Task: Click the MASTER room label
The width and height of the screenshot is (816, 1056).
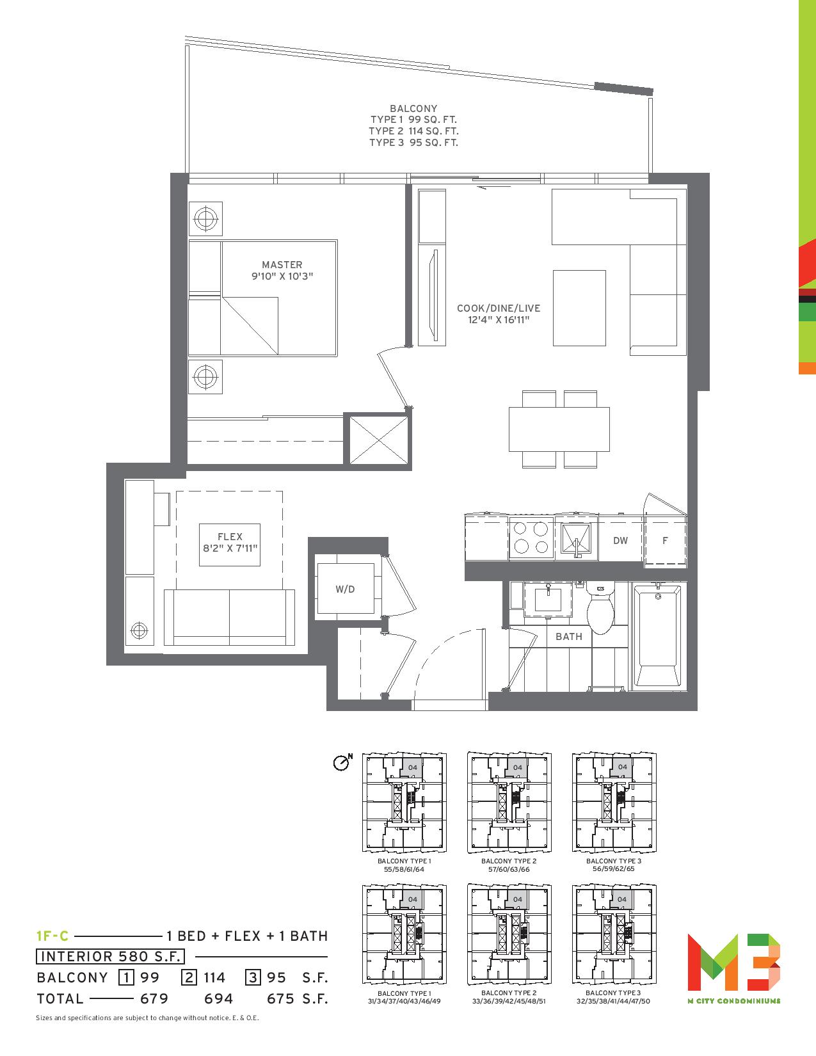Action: tap(282, 265)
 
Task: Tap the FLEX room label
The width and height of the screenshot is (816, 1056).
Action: tap(230, 536)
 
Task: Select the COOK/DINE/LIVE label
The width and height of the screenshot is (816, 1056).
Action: tap(499, 308)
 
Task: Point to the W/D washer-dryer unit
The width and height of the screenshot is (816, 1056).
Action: tap(346, 589)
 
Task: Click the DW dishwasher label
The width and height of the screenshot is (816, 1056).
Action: tap(620, 540)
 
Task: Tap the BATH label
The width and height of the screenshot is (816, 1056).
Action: tap(568, 637)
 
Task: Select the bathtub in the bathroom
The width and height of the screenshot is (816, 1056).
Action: tap(658, 637)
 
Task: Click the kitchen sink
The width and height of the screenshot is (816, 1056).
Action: tap(576, 538)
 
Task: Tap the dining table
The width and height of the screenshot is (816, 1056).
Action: tap(559, 429)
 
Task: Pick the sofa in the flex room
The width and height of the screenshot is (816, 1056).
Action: tap(229, 617)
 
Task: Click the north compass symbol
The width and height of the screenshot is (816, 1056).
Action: tap(342, 762)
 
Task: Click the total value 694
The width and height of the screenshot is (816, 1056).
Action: tap(219, 998)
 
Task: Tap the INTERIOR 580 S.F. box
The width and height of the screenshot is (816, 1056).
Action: tap(110, 956)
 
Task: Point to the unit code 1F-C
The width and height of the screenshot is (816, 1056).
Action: tap(52, 936)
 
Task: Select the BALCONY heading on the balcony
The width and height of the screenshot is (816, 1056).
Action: tap(413, 108)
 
